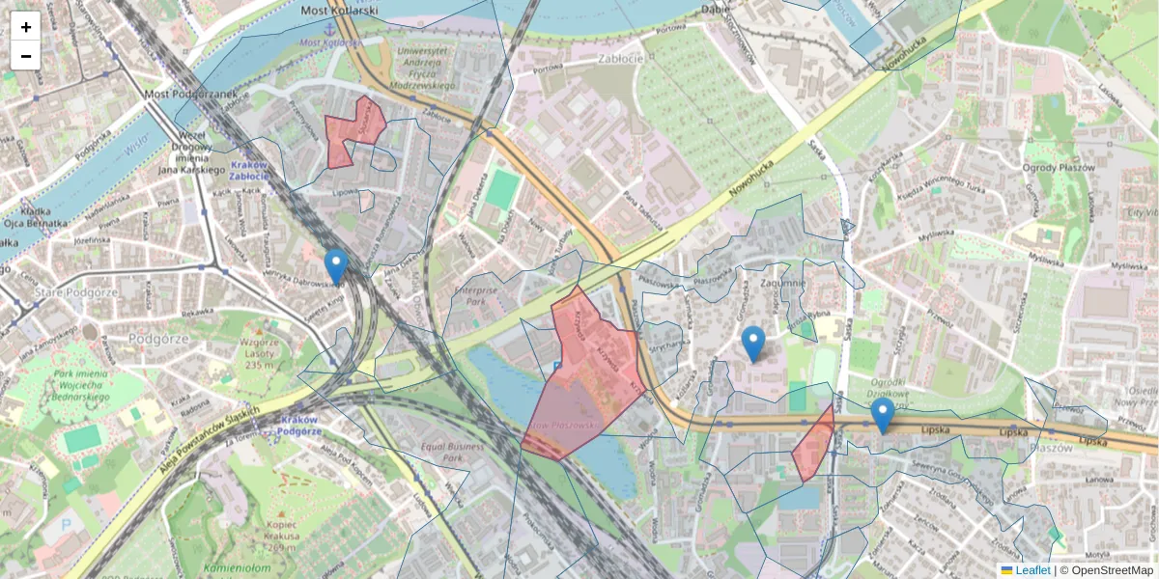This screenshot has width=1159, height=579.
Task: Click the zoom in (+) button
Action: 26,26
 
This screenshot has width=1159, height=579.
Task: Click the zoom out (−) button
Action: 26,55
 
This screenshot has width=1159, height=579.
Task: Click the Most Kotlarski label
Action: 339,11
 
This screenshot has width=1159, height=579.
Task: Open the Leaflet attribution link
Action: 1032,570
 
